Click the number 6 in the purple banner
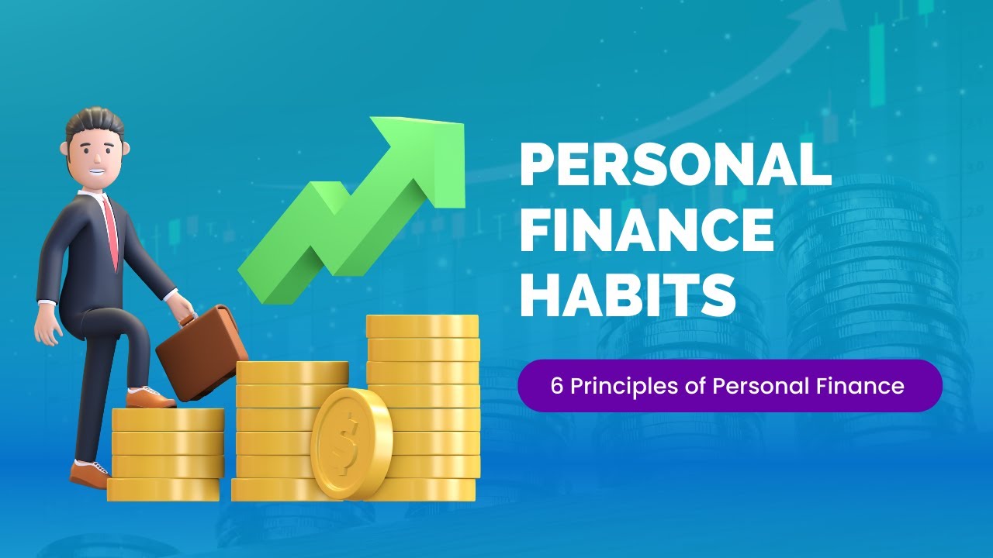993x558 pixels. [x=556, y=386]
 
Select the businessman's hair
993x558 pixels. [x=95, y=124]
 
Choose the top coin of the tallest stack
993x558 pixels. [x=422, y=325]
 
